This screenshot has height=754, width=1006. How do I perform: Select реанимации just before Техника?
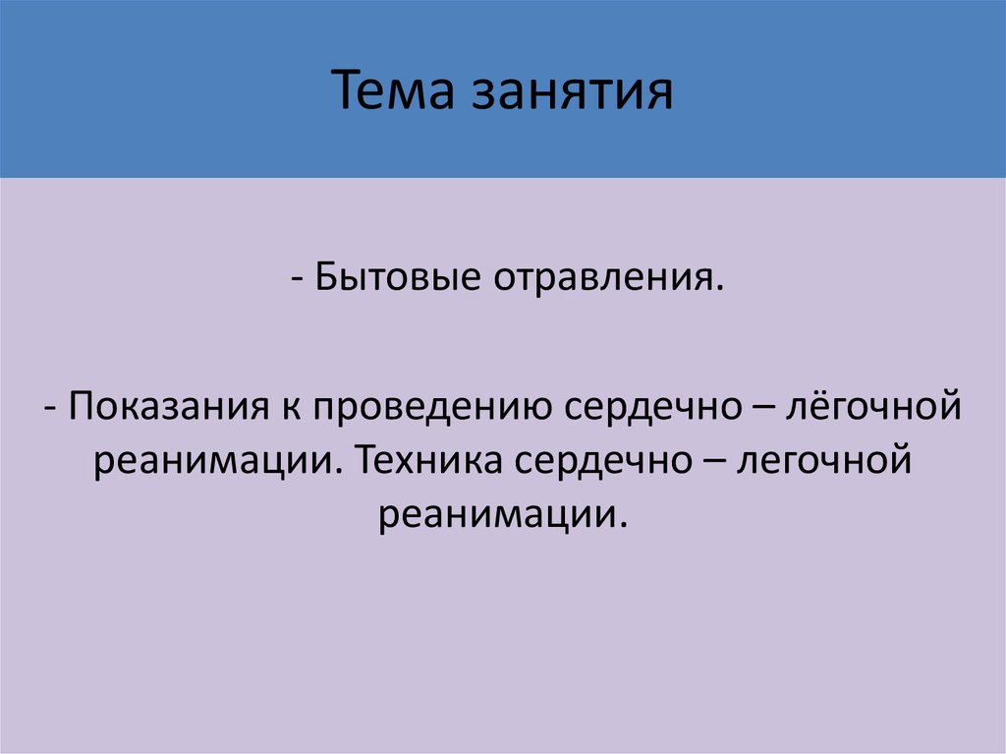point(219,460)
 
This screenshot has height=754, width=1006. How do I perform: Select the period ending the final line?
point(623,523)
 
